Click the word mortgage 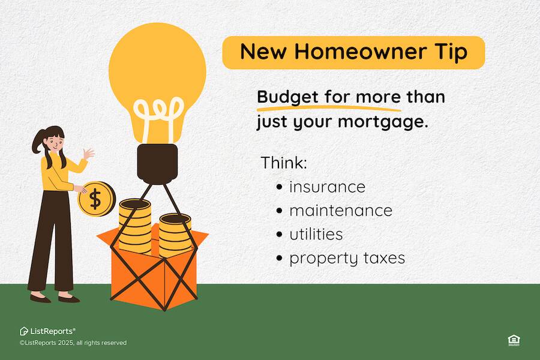pos(383,122)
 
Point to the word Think pos(284,162)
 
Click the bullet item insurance pos(327,187)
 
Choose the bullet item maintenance pos(341,211)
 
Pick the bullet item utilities pos(316,234)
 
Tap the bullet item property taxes pos(347,259)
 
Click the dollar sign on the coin pos(95,199)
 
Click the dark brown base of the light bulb pos(157,164)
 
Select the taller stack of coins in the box pos(135,226)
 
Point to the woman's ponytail pos(38,142)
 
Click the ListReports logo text pos(52,331)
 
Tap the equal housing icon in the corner pos(514,340)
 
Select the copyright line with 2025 pos(73,343)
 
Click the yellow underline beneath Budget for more pos(329,108)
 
